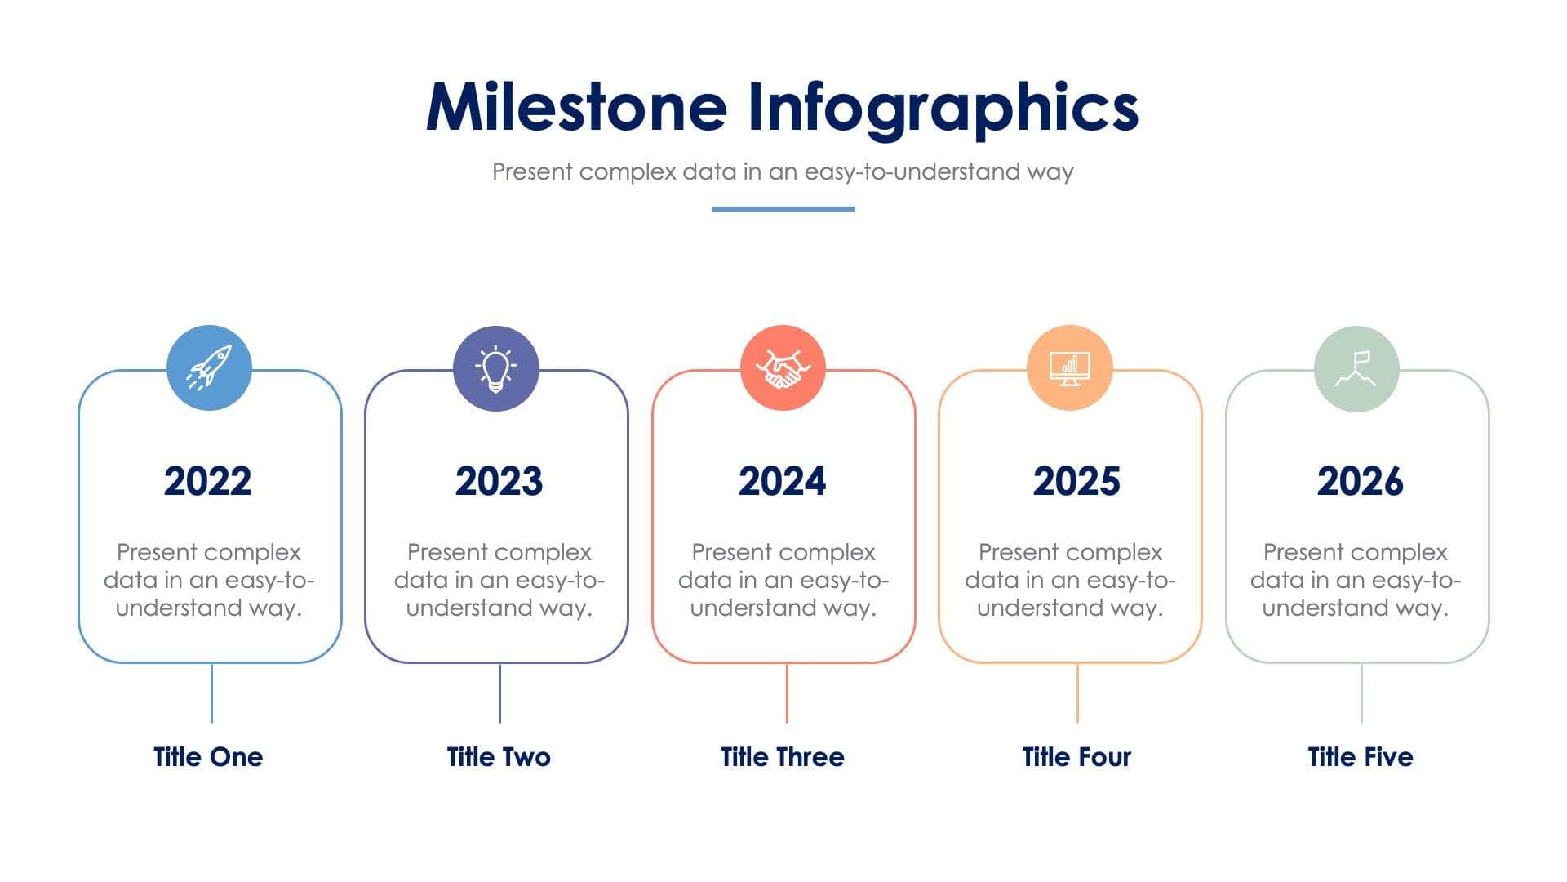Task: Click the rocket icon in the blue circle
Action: coord(209,367)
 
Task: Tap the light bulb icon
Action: coord(496,368)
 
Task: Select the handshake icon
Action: coord(783,368)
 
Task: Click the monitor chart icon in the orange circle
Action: coord(1069,368)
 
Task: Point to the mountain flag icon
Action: coord(1356,368)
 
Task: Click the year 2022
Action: coord(207,481)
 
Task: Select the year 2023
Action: coord(499,481)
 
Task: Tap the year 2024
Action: coord(782,481)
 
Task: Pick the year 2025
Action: coord(1076,481)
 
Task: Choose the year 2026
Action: coord(1360,481)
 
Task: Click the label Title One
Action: coord(208,757)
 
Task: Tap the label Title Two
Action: coord(499,757)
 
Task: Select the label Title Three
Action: coord(782,757)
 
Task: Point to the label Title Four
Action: coord(1076,757)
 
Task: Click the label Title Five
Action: coord(1360,757)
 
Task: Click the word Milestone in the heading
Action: coord(576,108)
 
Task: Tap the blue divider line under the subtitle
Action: coord(783,209)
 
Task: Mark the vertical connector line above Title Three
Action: coord(787,693)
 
